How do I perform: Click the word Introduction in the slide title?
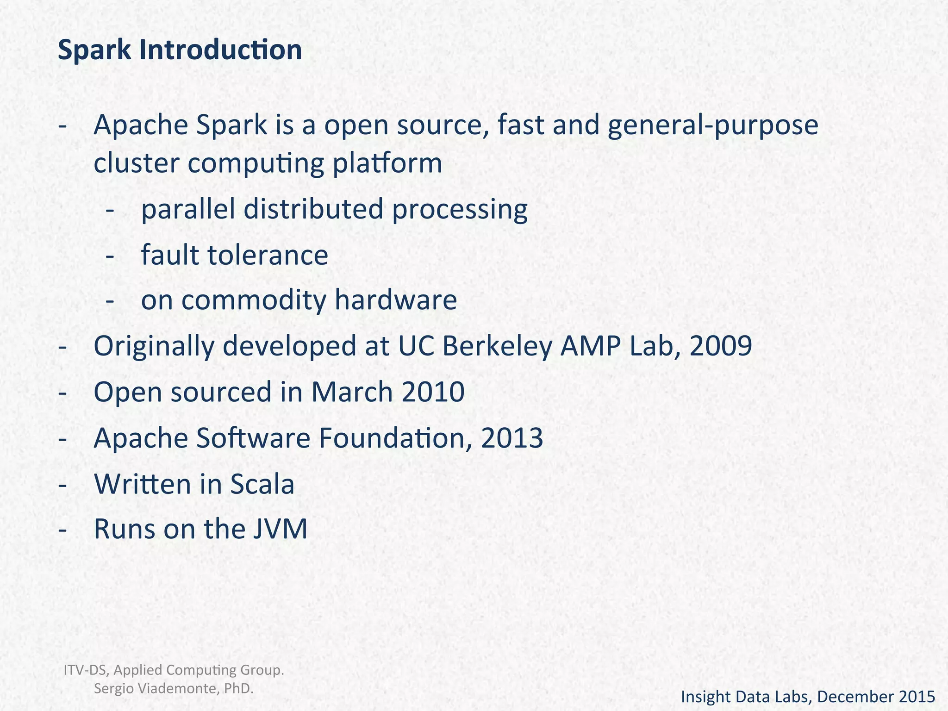pos(220,50)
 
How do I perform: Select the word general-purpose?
pos(713,126)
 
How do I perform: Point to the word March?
pos(352,392)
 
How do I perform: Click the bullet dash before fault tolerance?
pos(110,256)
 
